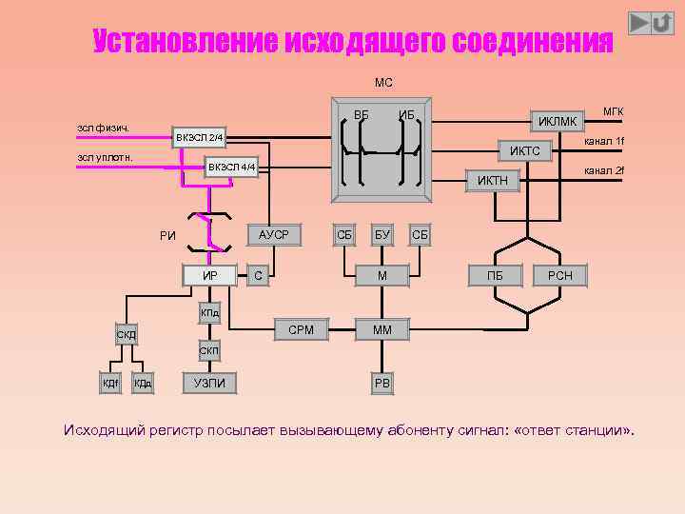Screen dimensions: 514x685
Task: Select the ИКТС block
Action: (x=524, y=150)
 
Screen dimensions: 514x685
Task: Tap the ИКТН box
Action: (x=492, y=180)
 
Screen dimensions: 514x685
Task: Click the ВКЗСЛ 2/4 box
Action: (x=199, y=139)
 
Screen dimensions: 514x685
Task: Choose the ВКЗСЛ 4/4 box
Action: (x=232, y=168)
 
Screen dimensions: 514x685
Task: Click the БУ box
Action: (x=382, y=234)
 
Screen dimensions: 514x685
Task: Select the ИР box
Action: (x=211, y=276)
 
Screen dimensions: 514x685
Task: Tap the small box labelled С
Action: (x=258, y=276)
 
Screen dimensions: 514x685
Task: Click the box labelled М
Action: (x=382, y=276)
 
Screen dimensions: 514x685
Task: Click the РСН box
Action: (x=560, y=276)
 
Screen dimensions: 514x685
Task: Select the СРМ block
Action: (x=301, y=330)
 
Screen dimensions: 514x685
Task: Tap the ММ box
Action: (x=382, y=330)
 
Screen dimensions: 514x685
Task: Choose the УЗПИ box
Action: (x=209, y=383)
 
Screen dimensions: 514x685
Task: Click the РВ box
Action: (x=382, y=384)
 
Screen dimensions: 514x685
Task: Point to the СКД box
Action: (x=126, y=334)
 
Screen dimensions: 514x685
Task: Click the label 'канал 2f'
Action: (x=603, y=170)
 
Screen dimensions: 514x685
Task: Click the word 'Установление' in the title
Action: (x=181, y=42)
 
